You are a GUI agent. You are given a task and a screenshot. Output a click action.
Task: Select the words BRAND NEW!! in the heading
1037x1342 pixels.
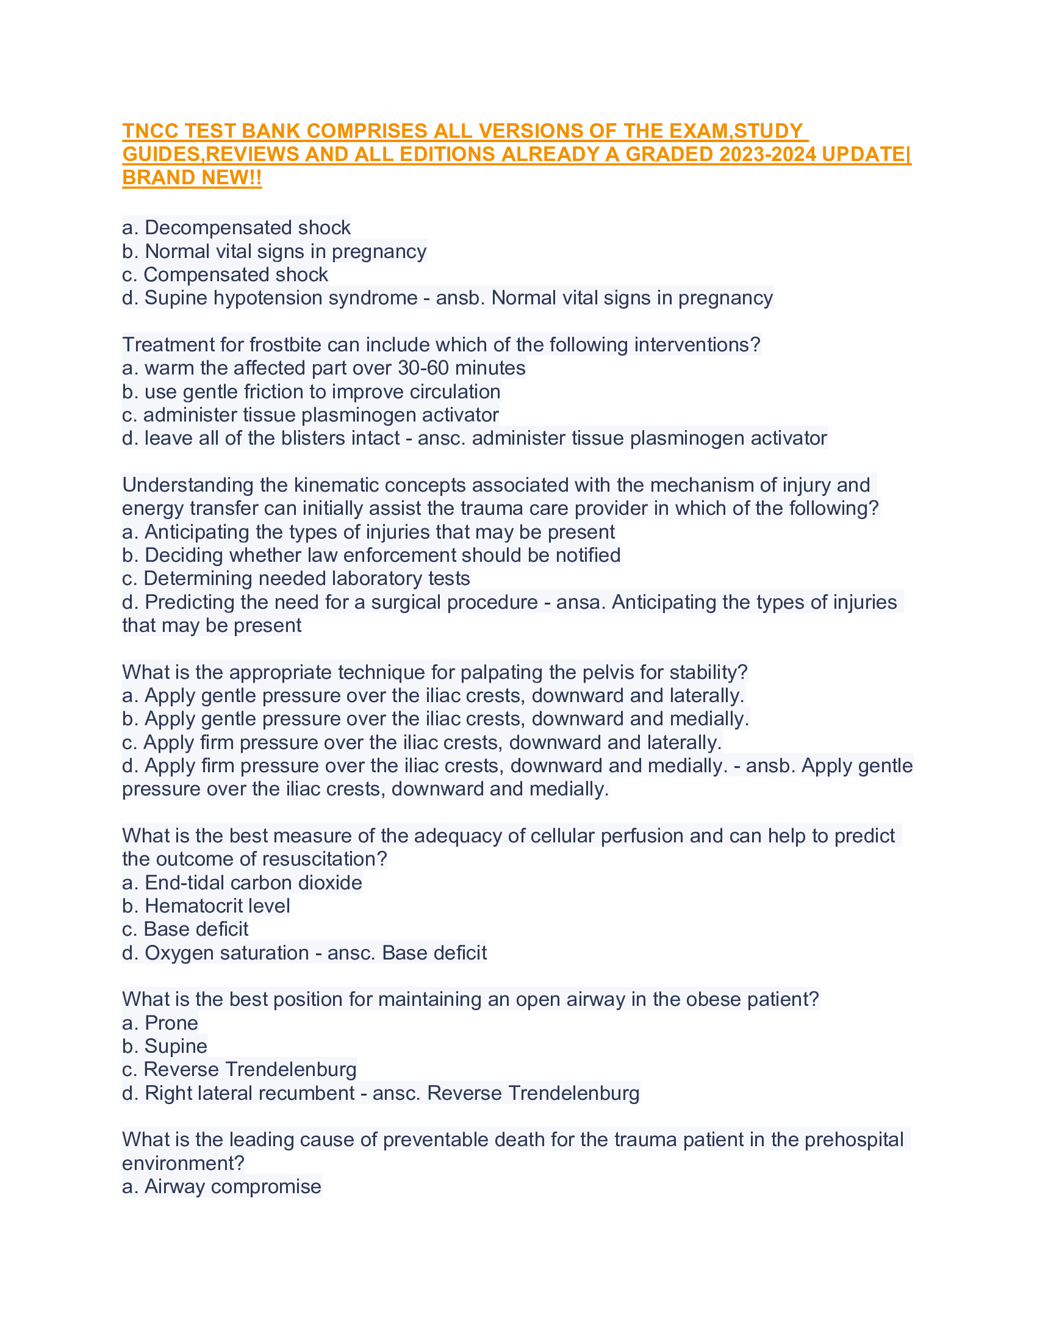click(192, 178)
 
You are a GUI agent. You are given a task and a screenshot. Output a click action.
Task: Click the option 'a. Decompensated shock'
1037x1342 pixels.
click(237, 228)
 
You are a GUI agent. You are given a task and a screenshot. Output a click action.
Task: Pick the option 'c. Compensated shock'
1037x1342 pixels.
click(225, 274)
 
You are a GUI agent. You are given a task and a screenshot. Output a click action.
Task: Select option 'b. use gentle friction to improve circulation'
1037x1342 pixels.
click(311, 392)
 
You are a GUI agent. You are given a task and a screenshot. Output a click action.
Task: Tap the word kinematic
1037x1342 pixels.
click(331, 485)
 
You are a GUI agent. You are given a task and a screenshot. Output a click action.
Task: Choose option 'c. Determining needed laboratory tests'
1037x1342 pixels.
click(296, 578)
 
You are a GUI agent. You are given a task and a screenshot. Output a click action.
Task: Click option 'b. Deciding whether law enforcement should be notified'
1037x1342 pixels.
click(371, 555)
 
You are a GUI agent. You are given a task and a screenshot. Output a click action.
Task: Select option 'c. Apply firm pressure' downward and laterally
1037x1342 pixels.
click(422, 742)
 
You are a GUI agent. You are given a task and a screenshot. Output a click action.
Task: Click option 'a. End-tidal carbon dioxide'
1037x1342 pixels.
click(242, 883)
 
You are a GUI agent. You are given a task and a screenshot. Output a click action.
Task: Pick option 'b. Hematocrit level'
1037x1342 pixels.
click(206, 906)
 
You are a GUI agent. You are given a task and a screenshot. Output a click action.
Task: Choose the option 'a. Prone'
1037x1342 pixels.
click(160, 1023)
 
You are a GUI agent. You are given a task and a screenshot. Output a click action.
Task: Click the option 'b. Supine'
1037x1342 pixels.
click(165, 1046)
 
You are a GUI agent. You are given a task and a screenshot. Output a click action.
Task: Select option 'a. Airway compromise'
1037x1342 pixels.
click(221, 1186)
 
